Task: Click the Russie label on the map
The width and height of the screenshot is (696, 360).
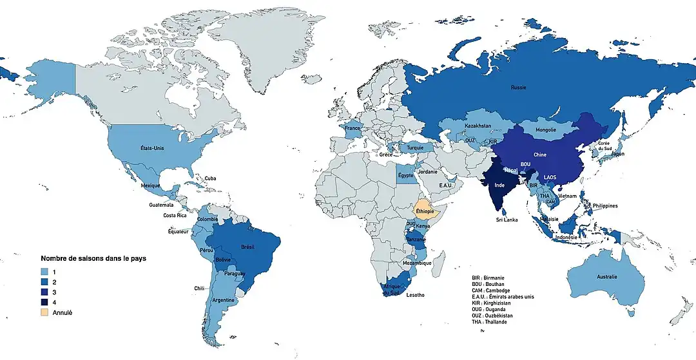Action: click(x=518, y=87)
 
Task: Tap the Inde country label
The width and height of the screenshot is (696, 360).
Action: click(x=499, y=185)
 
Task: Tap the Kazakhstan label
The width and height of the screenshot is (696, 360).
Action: click(x=478, y=126)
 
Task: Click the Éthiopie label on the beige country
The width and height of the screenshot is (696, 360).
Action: click(x=425, y=211)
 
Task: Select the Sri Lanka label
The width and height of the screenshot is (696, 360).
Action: click(x=506, y=220)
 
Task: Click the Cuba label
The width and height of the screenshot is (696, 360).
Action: click(x=211, y=178)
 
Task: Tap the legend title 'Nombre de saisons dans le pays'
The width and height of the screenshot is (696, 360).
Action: click(x=93, y=258)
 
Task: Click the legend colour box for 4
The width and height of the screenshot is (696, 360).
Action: click(x=45, y=302)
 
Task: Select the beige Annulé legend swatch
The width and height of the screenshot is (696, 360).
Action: click(x=45, y=312)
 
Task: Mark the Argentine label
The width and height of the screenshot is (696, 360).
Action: click(x=224, y=301)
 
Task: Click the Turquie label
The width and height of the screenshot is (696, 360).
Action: click(x=416, y=147)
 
